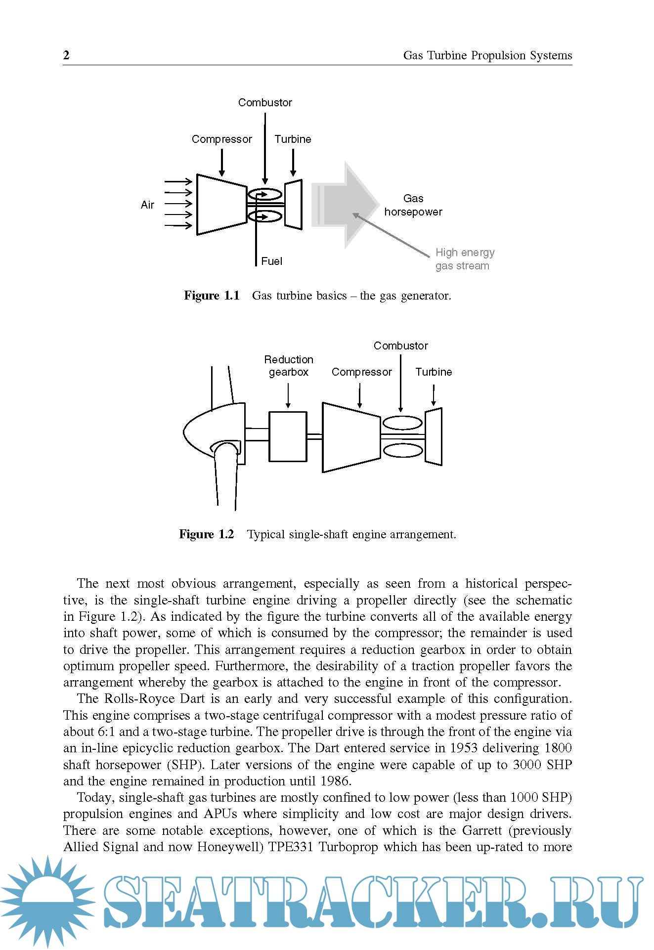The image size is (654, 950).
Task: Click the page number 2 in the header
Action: click(x=67, y=55)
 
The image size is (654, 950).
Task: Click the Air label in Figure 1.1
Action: click(x=147, y=205)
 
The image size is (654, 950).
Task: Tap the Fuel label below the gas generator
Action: click(x=271, y=261)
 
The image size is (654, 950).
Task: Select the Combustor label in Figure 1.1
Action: click(x=265, y=102)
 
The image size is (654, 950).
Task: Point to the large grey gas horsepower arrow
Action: click(x=346, y=204)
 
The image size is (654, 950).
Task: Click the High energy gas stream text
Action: click(x=464, y=259)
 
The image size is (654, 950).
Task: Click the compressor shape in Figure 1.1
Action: click(x=221, y=204)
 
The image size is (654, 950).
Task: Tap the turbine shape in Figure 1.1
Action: click(x=293, y=205)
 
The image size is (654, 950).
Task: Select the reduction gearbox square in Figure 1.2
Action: click(x=288, y=436)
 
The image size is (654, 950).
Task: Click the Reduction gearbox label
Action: click(x=289, y=366)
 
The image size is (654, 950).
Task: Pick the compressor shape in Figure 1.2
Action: click(x=351, y=437)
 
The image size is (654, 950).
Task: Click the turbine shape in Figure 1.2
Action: click(x=434, y=436)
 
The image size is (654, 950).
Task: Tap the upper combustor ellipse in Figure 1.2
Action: click(x=403, y=424)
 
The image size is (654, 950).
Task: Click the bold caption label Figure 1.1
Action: click(x=212, y=296)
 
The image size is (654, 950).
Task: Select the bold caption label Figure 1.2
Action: click(x=206, y=534)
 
